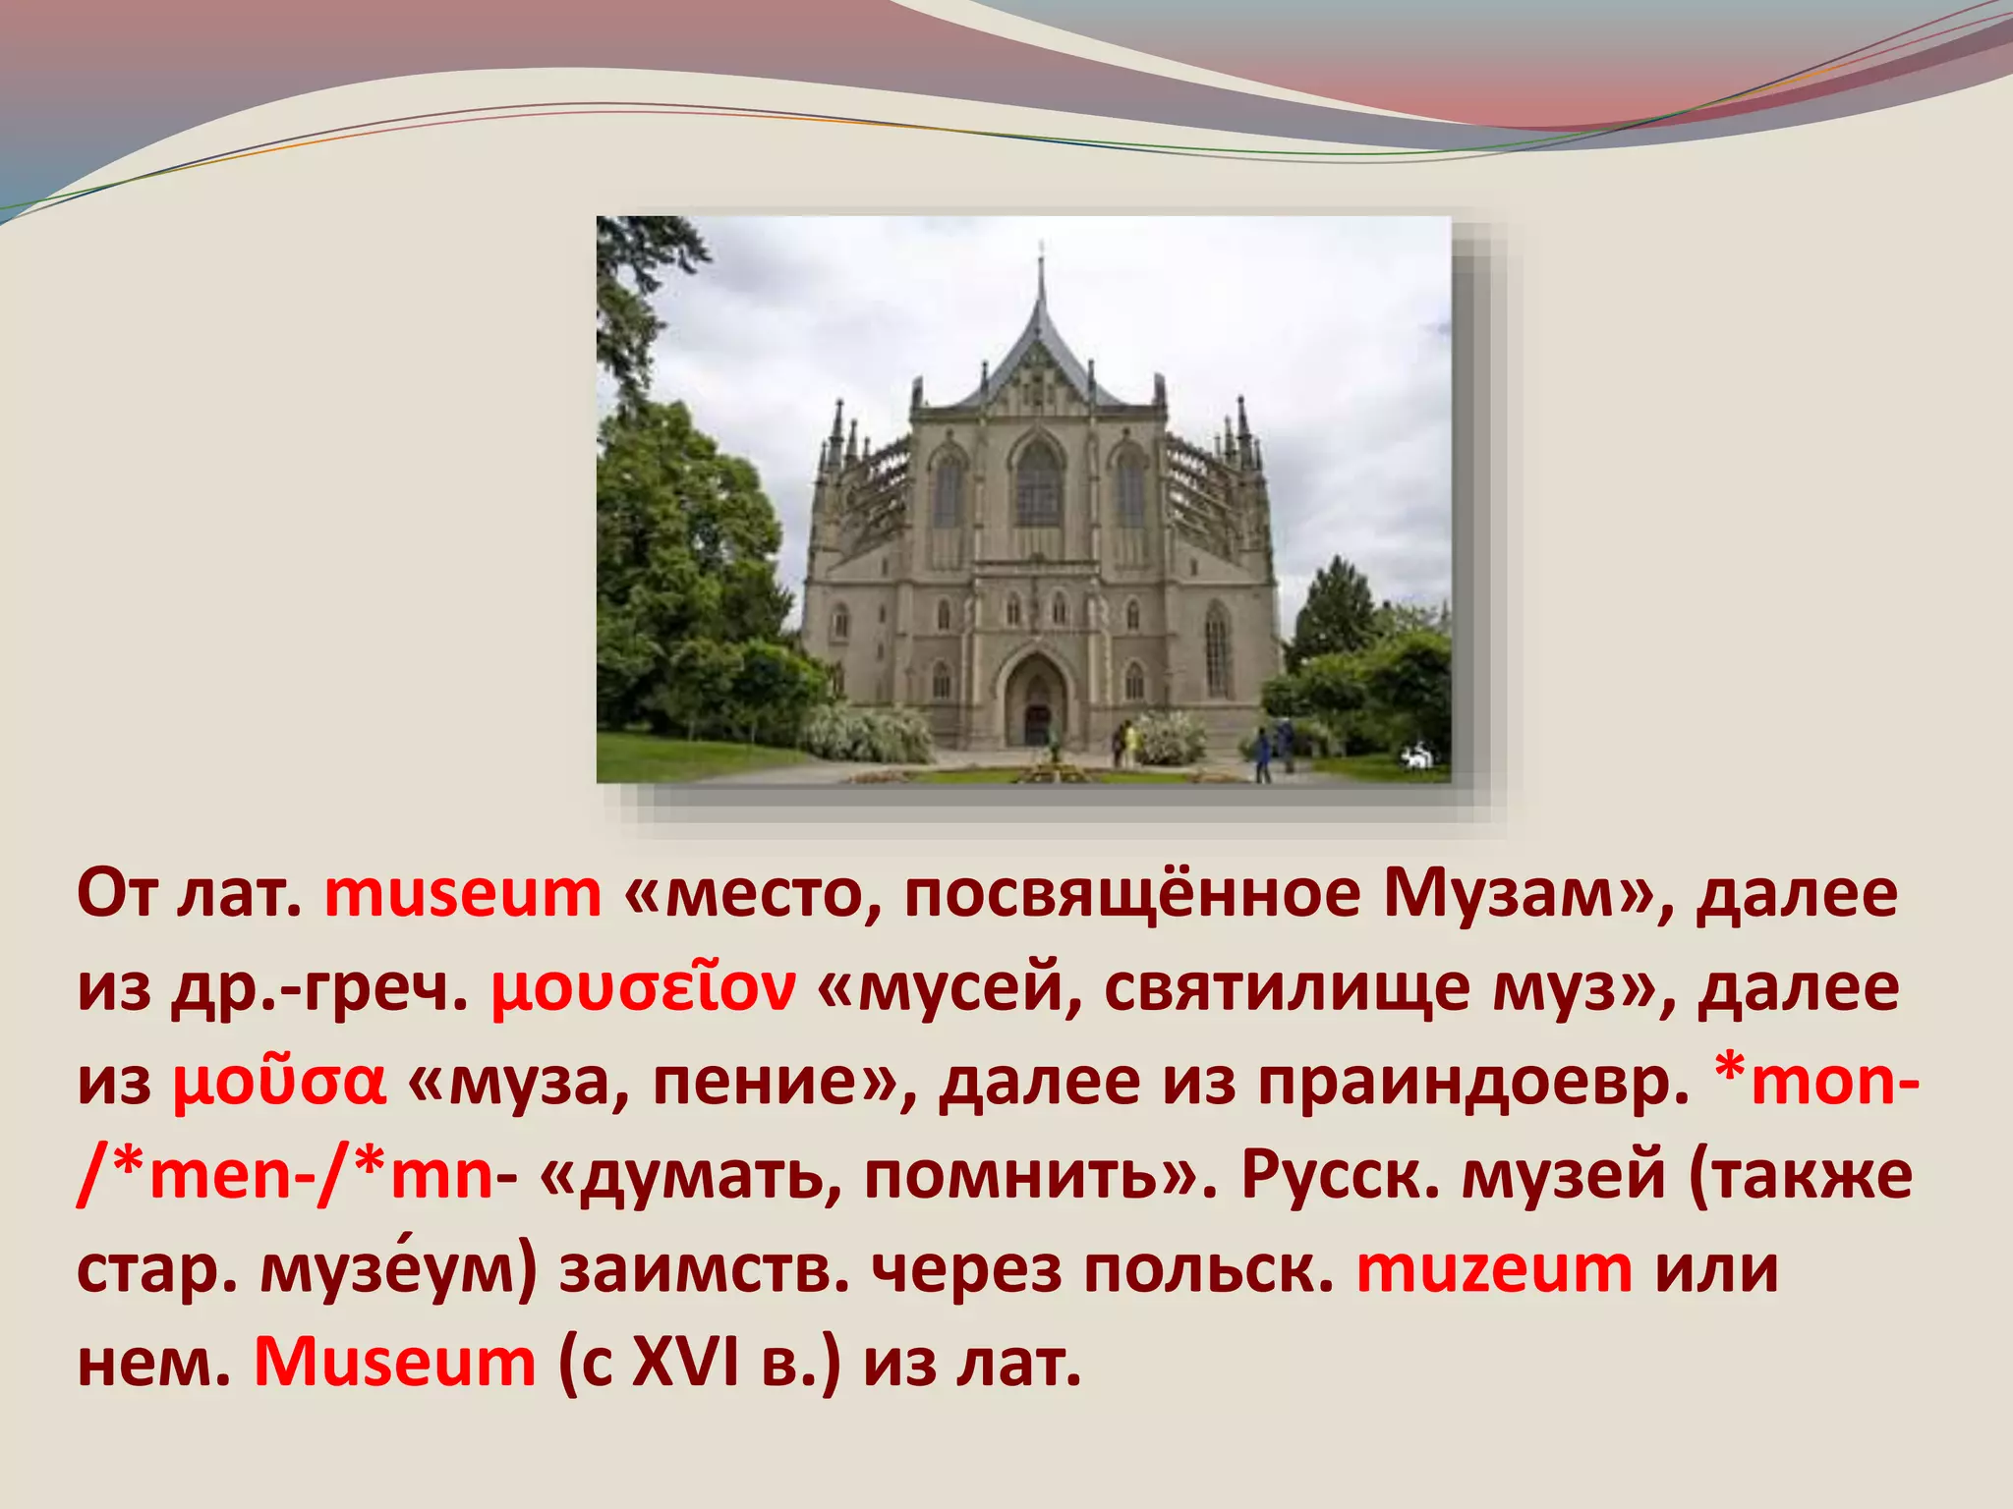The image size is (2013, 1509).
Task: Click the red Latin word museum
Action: (x=462, y=895)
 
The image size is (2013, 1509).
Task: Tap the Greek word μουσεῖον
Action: (x=643, y=989)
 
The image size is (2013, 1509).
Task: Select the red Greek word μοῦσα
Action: (x=279, y=1084)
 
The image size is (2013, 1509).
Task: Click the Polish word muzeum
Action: (x=1494, y=1270)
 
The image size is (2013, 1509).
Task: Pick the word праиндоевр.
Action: (x=1475, y=1084)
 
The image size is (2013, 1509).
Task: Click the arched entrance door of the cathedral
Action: (x=1038, y=717)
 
